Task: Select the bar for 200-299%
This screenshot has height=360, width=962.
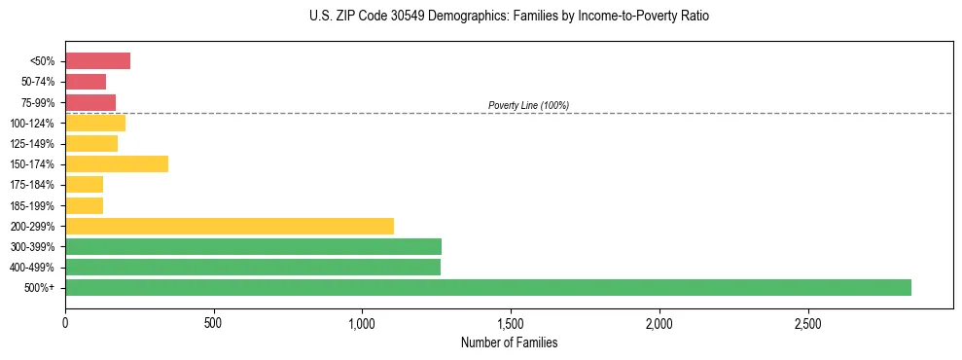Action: (x=230, y=226)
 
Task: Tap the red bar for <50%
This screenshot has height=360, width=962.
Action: (x=97, y=61)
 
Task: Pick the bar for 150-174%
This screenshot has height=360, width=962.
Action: (x=117, y=163)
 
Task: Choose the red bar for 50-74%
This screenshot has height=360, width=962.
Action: (x=86, y=82)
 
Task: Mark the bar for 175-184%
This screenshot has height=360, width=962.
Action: (x=84, y=184)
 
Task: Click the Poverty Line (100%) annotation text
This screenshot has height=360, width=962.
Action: (x=528, y=105)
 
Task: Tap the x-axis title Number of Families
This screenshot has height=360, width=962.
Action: (x=509, y=342)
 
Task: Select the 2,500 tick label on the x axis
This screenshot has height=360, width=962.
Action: (x=807, y=322)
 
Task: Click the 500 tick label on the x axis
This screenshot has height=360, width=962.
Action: (x=214, y=322)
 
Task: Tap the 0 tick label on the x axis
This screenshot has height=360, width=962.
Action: (x=65, y=322)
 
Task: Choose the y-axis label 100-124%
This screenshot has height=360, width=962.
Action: (x=32, y=124)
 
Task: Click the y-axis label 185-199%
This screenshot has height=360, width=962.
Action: (x=32, y=205)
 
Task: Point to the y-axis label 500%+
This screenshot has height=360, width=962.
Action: (x=41, y=288)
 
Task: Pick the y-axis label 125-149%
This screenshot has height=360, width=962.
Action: (x=32, y=144)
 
